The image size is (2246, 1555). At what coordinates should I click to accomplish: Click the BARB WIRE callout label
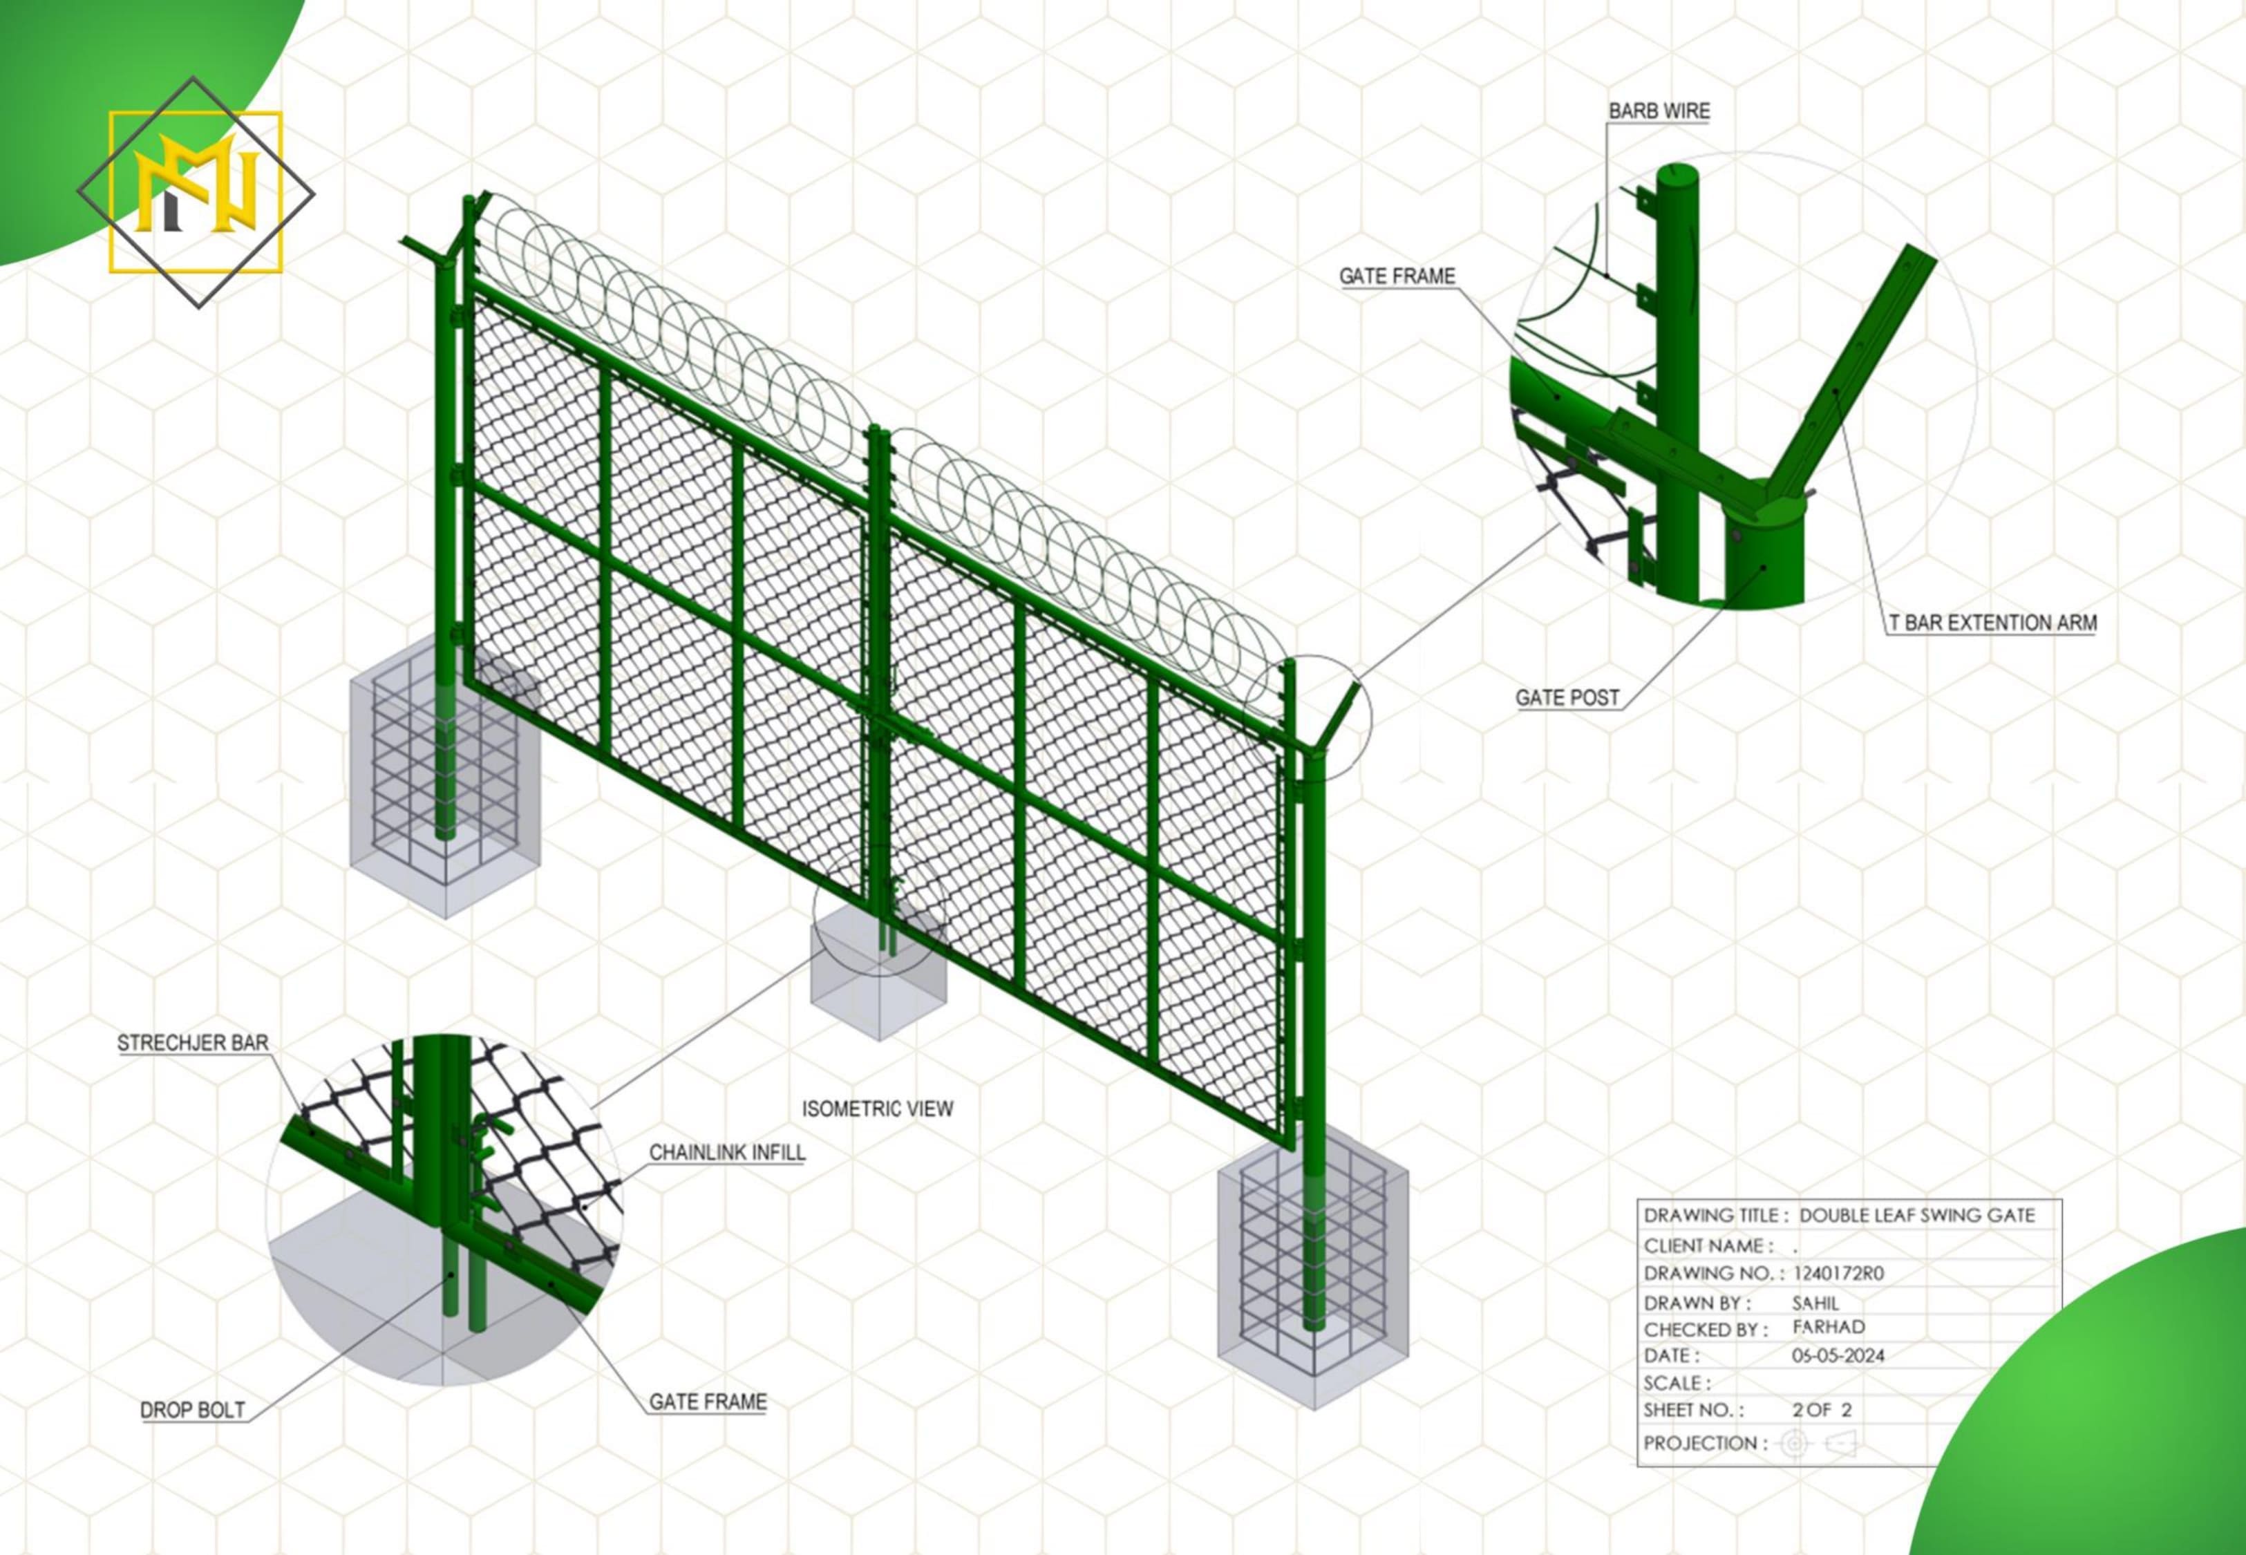1659,111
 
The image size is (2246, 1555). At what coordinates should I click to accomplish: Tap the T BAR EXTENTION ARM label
1993,623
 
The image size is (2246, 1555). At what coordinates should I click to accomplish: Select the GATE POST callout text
1567,697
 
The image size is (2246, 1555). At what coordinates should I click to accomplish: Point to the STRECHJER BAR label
193,1042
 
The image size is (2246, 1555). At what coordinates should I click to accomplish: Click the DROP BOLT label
193,1410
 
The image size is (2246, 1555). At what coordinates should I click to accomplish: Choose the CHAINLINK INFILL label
726,1153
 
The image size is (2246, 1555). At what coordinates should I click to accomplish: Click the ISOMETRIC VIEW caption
876,1109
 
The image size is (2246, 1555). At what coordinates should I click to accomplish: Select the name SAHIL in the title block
1815,1303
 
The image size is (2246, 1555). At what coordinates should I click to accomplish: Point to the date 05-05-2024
1838,1355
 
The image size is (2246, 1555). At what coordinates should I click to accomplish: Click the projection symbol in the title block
1818,1443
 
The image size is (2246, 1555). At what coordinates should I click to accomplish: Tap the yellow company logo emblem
196,192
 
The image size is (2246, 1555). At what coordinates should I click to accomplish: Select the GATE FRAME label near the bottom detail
707,1402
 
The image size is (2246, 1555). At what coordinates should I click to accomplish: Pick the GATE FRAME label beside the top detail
1397,276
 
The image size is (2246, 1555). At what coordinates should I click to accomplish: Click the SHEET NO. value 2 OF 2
1822,1410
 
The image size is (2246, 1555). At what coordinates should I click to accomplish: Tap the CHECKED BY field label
1704,1330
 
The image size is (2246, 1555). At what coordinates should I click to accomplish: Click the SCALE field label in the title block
1677,1384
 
